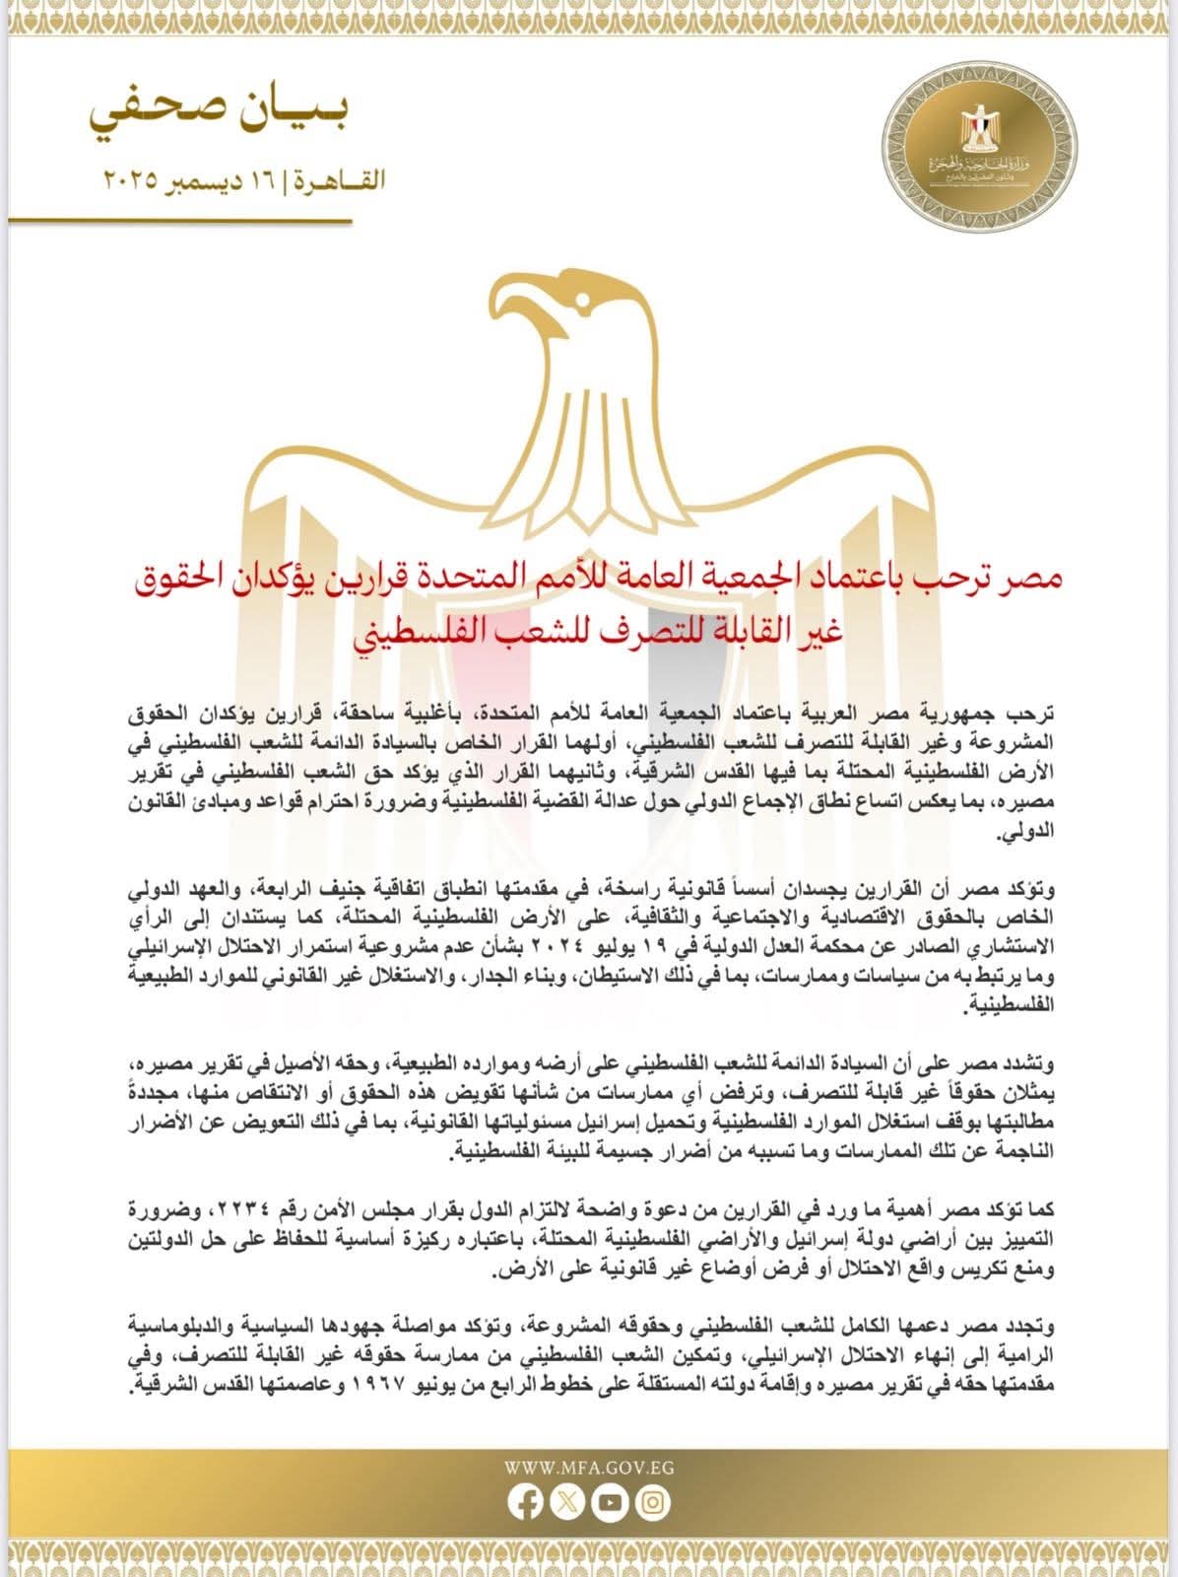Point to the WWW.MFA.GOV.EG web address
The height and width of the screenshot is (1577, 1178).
[x=589, y=1467]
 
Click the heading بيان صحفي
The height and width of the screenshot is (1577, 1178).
[x=219, y=116]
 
